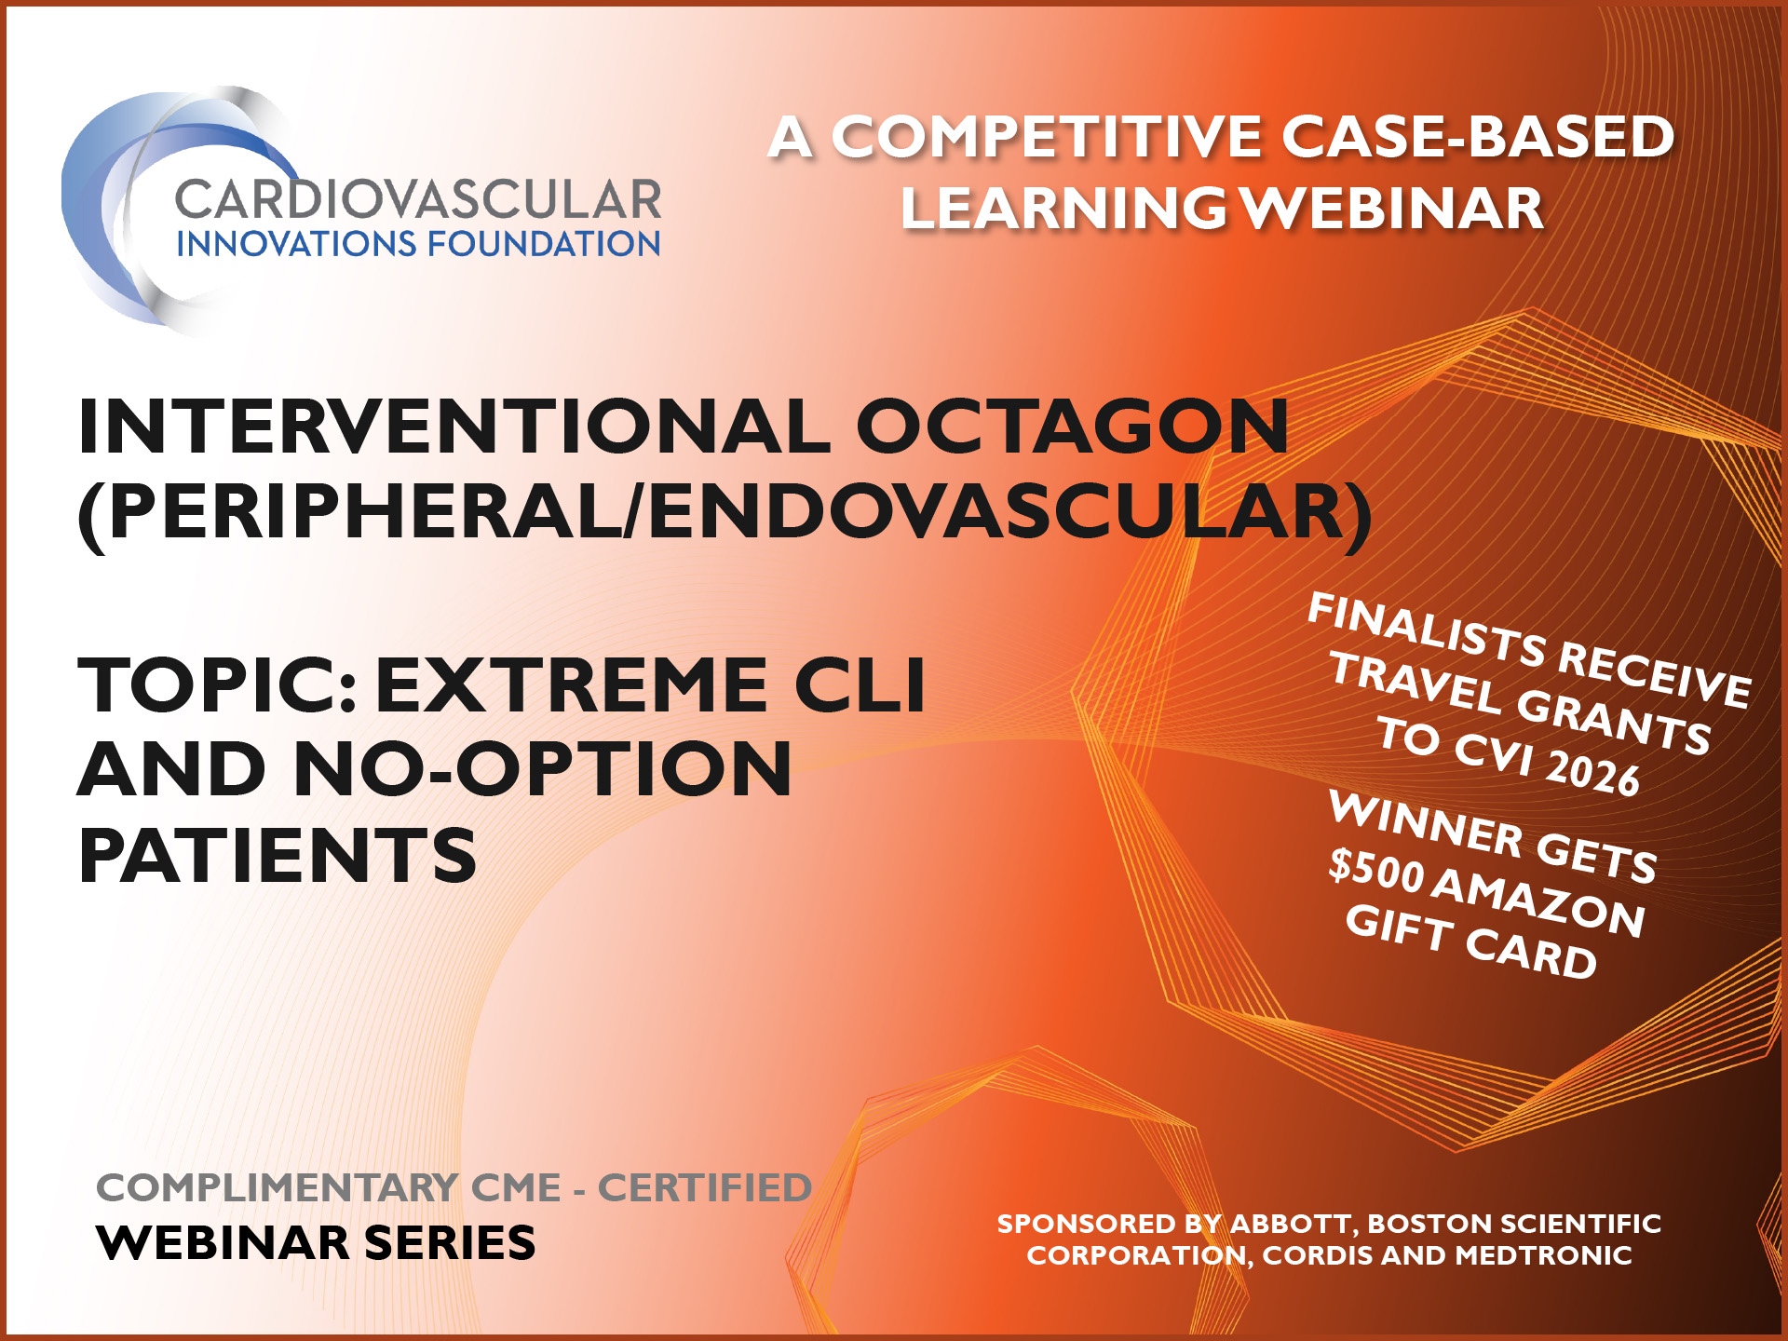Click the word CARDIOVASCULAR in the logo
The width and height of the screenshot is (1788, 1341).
(417, 199)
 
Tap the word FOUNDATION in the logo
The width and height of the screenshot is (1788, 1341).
(544, 244)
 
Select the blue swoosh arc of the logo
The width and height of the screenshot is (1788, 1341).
(88, 214)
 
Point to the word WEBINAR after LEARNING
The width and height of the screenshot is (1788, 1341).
(1394, 209)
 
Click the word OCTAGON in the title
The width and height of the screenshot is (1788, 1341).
(1072, 427)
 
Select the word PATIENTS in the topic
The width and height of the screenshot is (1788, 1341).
(278, 856)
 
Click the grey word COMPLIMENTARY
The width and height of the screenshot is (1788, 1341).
(277, 1188)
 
